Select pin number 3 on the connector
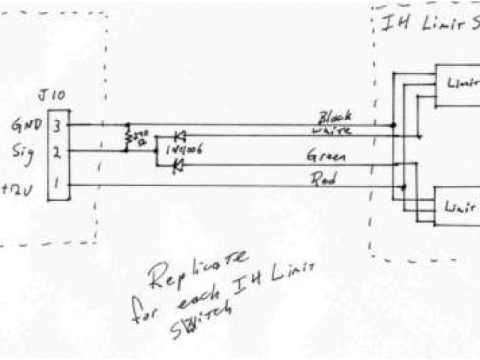click(58, 124)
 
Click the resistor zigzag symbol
click(128, 137)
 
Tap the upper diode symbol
click(179, 136)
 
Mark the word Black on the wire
click(335, 118)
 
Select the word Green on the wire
click(325, 157)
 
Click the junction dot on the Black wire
click(393, 124)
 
